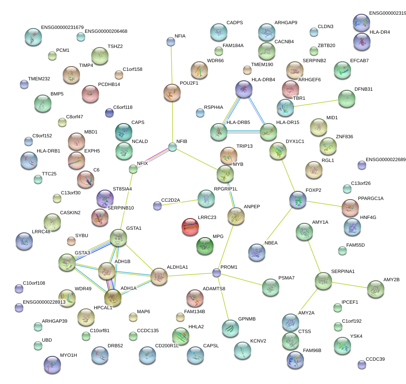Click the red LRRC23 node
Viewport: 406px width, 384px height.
[190, 226]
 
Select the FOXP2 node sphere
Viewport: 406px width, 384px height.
[297, 199]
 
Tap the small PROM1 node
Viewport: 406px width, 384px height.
[217, 273]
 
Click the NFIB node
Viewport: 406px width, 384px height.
[173, 147]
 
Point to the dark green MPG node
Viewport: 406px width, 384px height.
[205, 245]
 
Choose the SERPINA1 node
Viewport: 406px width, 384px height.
[323, 280]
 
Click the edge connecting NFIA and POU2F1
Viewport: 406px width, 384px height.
[172, 65]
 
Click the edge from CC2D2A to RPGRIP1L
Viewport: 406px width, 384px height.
[182, 202]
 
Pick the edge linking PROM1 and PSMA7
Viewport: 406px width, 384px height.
[242, 279]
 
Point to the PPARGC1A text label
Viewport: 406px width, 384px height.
[371, 198]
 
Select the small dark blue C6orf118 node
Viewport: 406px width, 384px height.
[109, 113]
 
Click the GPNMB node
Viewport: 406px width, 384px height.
[230, 328]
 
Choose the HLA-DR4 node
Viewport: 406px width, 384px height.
[361, 41]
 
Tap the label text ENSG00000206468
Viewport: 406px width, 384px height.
[106, 32]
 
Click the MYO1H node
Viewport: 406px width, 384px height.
[52, 364]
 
